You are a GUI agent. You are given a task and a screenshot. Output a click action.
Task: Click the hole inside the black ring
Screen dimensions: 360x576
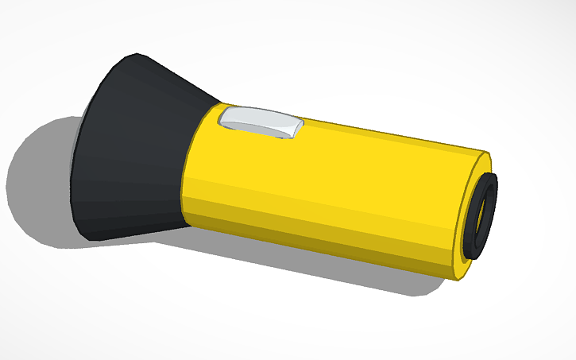click(x=482, y=216)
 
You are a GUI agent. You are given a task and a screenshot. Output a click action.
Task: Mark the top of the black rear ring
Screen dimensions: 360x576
click(x=494, y=175)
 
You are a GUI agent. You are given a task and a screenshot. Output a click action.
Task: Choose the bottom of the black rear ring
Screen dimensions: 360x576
click(x=475, y=256)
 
